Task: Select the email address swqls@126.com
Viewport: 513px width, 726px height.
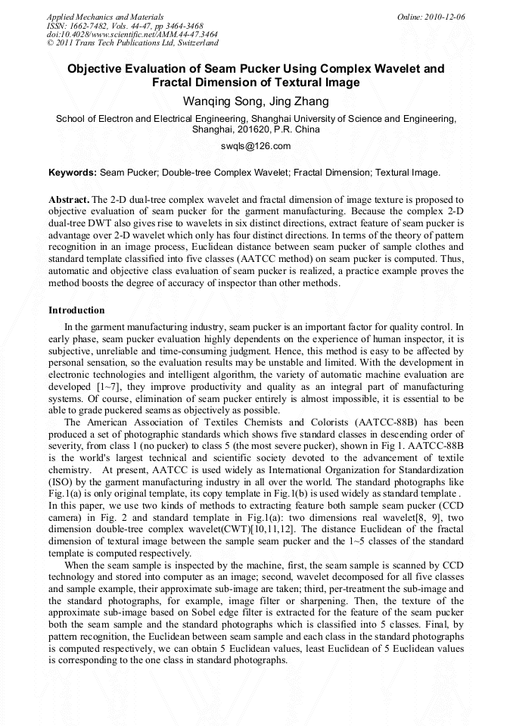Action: click(x=256, y=145)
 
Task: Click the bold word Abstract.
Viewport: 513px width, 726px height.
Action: click(x=68, y=199)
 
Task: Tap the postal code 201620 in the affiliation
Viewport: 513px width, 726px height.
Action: click(x=253, y=129)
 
